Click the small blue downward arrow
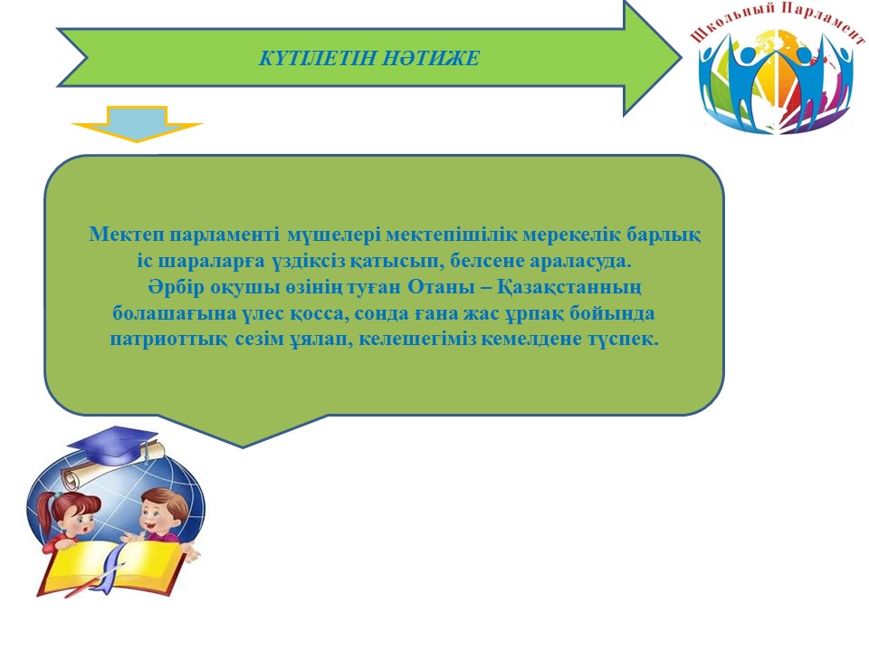coord(137,124)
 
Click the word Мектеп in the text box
coord(127,235)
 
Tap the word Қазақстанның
coord(569,288)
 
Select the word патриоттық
coord(167,339)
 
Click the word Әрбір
coord(177,287)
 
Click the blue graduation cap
coord(113,446)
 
